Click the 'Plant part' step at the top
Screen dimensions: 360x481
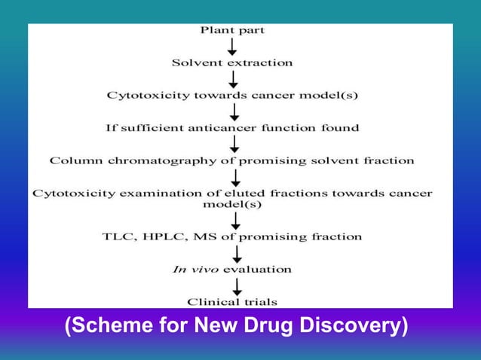point(232,31)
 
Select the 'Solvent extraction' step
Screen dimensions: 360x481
point(232,63)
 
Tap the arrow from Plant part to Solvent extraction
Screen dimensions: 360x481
point(234,47)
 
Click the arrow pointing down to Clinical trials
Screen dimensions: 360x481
point(237,286)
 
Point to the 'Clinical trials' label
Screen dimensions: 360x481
point(232,302)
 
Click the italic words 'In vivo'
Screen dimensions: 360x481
point(189,269)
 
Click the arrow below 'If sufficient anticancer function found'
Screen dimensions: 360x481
point(234,144)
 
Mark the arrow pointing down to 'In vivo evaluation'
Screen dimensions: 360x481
point(235,253)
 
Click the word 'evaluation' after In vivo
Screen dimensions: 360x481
point(252,269)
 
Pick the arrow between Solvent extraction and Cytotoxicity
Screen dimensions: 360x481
point(234,79)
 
